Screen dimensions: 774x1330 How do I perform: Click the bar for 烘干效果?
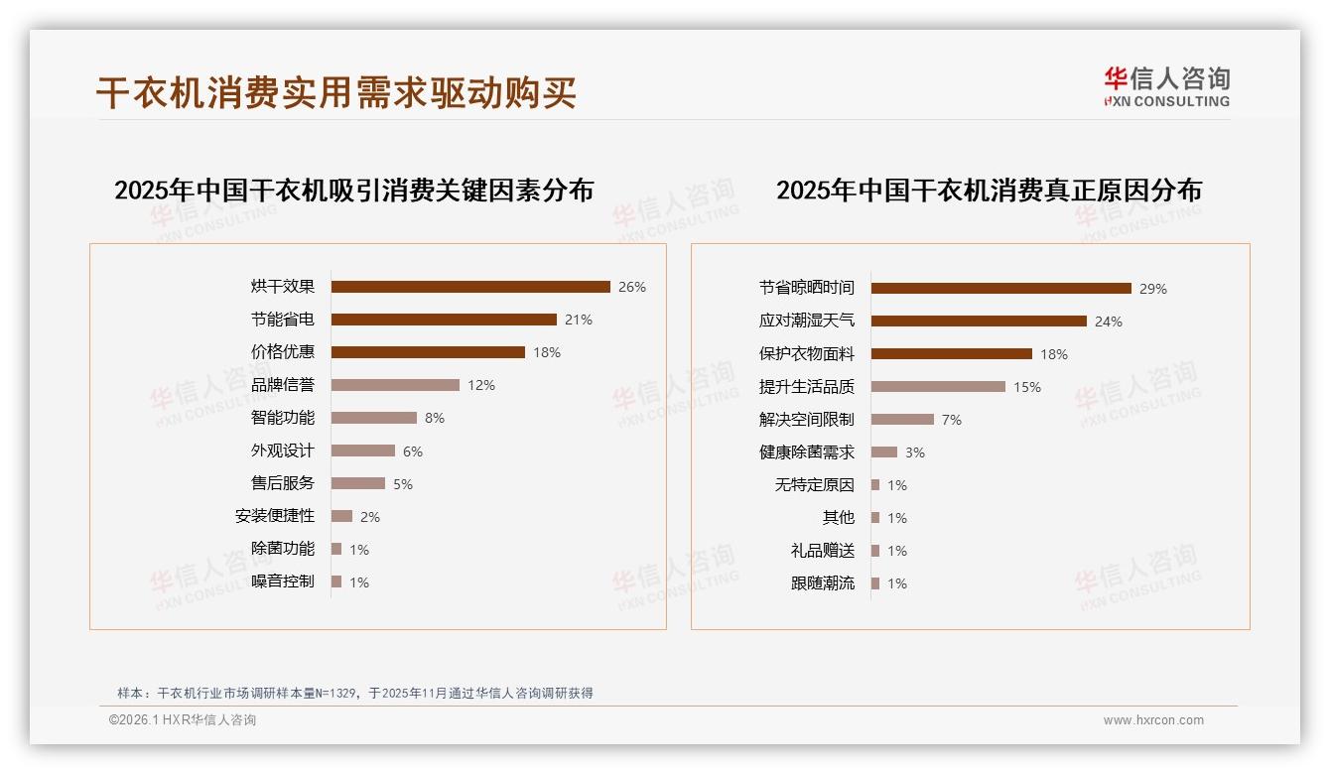tap(470, 287)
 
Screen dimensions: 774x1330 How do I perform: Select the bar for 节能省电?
tap(444, 320)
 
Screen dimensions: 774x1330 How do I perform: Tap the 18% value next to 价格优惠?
tap(547, 352)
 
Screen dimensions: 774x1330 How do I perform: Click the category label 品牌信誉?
tap(283, 385)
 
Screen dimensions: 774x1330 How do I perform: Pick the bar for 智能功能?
tap(374, 418)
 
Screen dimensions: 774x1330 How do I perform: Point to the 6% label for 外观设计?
tap(413, 451)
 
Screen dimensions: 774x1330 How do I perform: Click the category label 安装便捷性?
tap(275, 516)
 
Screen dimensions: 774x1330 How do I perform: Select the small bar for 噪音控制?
tap(336, 581)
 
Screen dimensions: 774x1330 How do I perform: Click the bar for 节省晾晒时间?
tap(1000, 289)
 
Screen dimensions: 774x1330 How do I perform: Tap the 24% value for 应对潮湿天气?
tap(1109, 322)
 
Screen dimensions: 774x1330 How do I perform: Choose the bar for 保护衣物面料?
tap(952, 353)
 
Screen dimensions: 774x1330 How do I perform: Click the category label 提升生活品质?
tap(807, 387)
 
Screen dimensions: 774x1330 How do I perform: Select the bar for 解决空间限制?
tap(902, 420)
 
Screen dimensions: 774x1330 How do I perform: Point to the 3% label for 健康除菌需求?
tap(915, 452)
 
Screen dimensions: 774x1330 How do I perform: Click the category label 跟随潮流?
tap(823, 583)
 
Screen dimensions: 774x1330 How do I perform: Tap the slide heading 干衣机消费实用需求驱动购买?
tap(336, 93)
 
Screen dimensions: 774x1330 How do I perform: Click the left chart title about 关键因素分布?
tap(353, 190)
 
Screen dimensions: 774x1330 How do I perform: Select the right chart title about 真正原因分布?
tap(989, 190)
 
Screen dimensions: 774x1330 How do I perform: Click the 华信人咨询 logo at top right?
tap(1166, 86)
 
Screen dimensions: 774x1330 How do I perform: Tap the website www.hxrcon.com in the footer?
tap(1153, 720)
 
